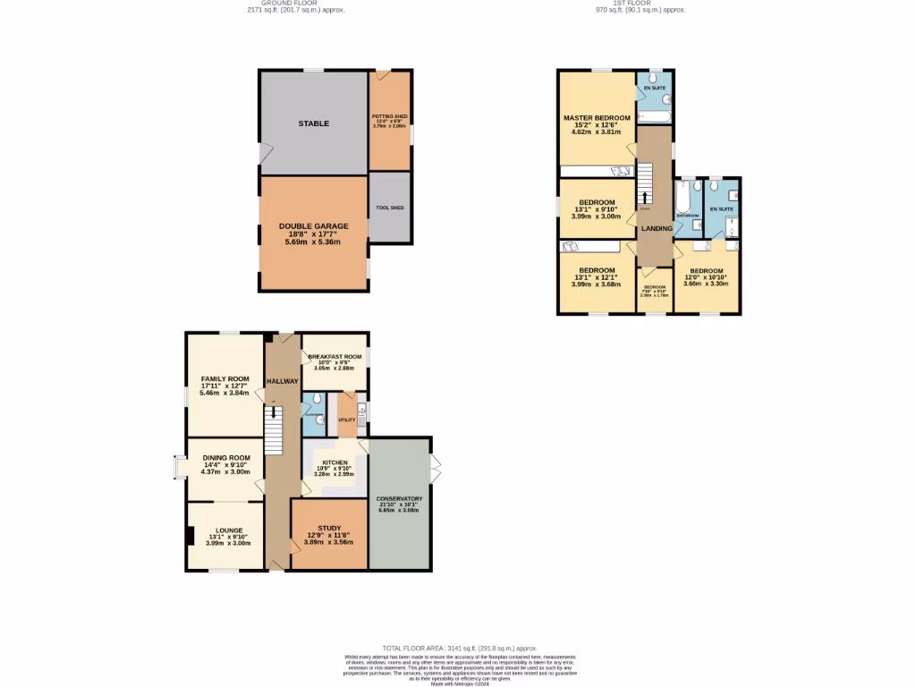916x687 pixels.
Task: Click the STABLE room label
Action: (x=313, y=123)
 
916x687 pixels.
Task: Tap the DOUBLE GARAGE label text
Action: (x=313, y=226)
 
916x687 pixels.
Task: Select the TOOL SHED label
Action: (x=390, y=208)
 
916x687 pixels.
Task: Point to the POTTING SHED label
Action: (x=390, y=116)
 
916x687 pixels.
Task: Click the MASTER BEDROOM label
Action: (x=597, y=118)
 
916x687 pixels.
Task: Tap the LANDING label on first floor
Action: (x=657, y=228)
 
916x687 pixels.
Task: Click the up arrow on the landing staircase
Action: (x=642, y=198)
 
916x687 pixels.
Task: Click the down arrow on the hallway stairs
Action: (x=274, y=412)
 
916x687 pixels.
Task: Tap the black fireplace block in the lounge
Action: (x=190, y=536)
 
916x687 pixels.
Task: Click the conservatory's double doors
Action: (x=436, y=468)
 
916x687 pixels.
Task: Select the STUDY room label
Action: (x=330, y=529)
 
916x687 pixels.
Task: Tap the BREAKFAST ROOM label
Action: (x=335, y=356)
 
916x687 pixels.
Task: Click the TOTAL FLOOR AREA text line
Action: (x=459, y=648)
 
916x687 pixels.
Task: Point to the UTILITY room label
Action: (x=347, y=419)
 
